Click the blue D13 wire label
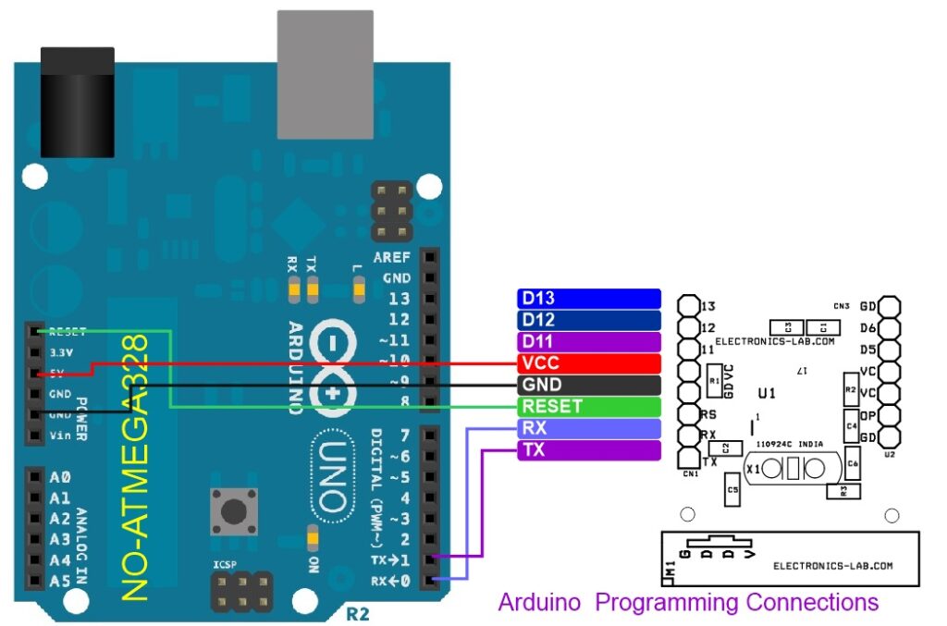click(x=588, y=298)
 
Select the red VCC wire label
click(x=588, y=362)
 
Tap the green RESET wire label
click(x=588, y=406)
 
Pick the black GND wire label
click(x=588, y=385)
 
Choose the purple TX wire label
click(x=588, y=450)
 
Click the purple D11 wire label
click(x=588, y=341)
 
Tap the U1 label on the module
click(x=766, y=393)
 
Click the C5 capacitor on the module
click(x=734, y=490)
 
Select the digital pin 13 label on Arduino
click(x=399, y=299)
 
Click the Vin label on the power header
click(x=60, y=436)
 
